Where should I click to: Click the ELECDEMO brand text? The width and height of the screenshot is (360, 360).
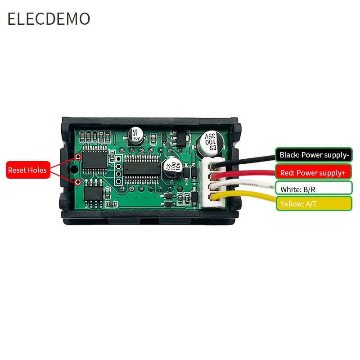[49, 19]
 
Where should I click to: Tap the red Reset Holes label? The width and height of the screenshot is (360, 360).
[27, 170]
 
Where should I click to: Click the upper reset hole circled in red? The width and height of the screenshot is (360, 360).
[78, 157]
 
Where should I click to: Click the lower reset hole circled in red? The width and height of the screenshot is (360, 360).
[78, 182]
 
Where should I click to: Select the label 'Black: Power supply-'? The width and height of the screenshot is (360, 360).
[314, 155]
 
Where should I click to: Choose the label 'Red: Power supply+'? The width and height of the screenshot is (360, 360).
[314, 173]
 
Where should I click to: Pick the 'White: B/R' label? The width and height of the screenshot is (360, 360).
[314, 189]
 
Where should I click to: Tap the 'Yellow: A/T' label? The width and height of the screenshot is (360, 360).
[314, 204]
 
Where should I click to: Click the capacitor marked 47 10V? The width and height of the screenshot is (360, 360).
[135, 134]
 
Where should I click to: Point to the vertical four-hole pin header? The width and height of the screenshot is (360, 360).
[118, 170]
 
